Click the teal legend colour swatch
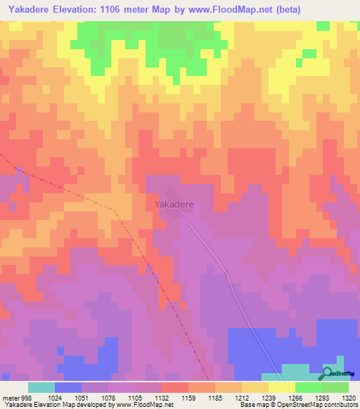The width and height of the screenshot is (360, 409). click(x=41, y=387)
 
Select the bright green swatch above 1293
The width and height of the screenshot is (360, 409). click(x=308, y=387)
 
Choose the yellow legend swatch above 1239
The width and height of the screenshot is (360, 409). click(x=281, y=387)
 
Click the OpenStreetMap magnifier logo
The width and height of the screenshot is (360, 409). click(x=327, y=373)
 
